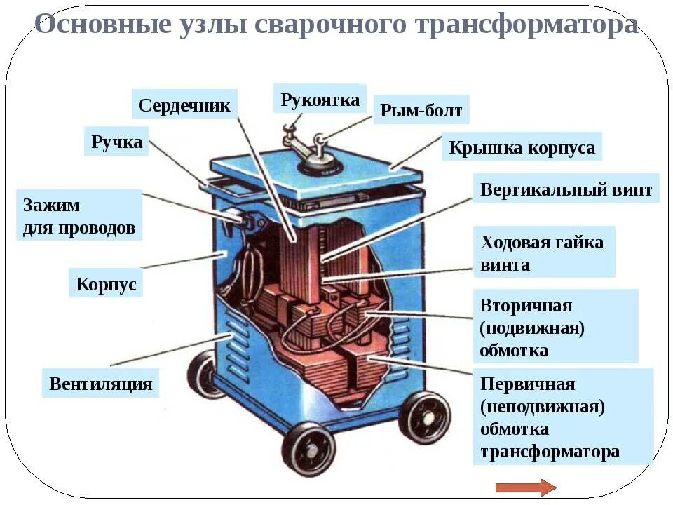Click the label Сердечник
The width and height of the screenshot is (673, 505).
click(x=184, y=105)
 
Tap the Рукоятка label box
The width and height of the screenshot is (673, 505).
click(x=320, y=100)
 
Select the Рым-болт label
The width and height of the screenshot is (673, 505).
click(x=421, y=111)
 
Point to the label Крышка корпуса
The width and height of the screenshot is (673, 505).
click(x=522, y=148)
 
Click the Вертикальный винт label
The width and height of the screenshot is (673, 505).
click(x=566, y=189)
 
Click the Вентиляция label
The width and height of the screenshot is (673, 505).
click(x=100, y=384)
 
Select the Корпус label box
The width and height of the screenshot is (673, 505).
click(x=106, y=285)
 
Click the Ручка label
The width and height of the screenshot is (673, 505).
click(x=116, y=142)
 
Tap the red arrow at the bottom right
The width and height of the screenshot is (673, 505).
click(x=525, y=487)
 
